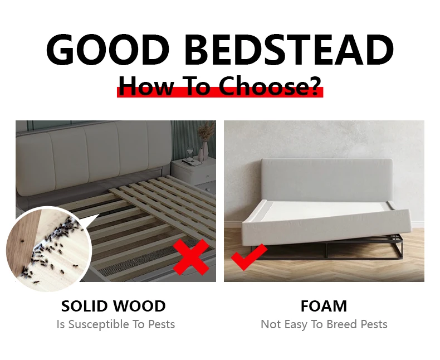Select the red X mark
click(191, 257)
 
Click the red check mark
click(248, 258)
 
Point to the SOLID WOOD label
click(113, 306)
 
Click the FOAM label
click(324, 306)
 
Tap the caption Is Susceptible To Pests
click(115, 324)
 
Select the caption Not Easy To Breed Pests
click(324, 324)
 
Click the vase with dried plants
click(205, 142)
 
